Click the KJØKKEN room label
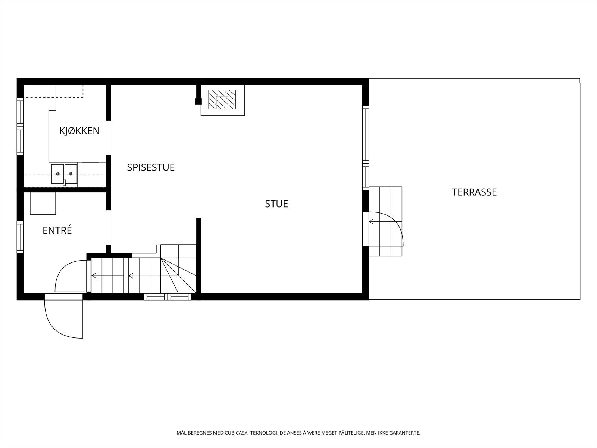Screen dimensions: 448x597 tap(79, 131)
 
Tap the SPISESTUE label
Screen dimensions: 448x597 tap(151, 167)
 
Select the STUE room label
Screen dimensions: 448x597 tap(276, 204)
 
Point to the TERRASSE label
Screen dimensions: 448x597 tap(474, 192)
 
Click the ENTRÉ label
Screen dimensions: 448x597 tap(57, 230)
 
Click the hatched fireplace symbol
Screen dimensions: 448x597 tap(222, 100)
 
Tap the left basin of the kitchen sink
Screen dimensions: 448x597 tap(58, 174)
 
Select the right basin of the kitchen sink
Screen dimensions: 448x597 tap(71, 174)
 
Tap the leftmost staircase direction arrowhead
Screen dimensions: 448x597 tap(94, 276)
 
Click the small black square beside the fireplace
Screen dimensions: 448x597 tap(198, 101)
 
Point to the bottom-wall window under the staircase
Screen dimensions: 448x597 tap(168, 297)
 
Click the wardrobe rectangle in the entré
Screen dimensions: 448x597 tap(43, 203)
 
